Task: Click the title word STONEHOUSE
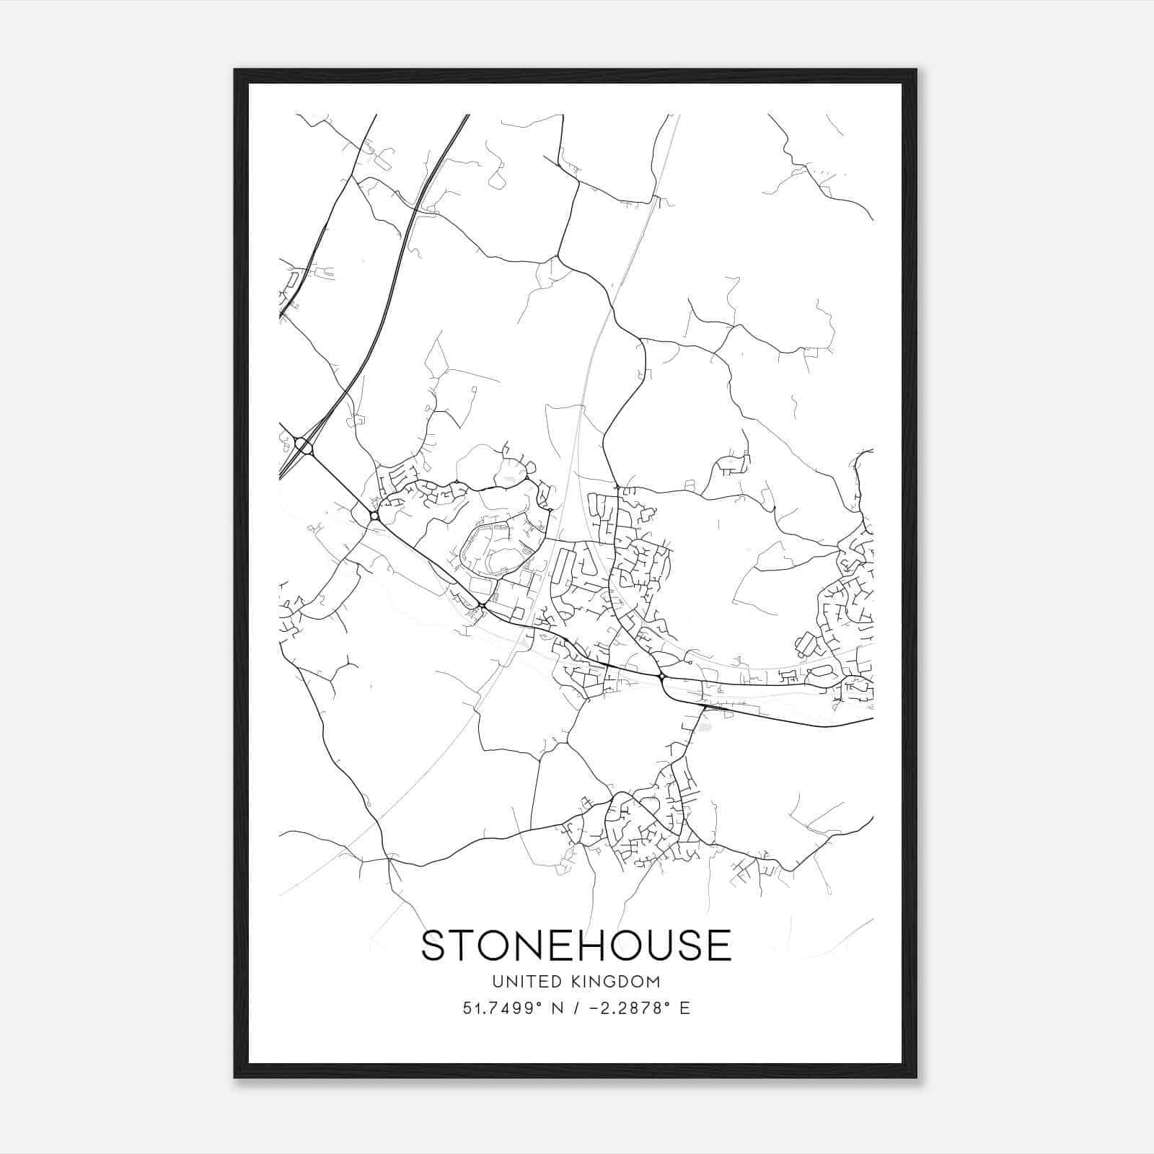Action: [x=576, y=946]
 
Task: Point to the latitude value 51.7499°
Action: [x=502, y=1008]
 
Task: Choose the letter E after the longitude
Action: [x=684, y=1008]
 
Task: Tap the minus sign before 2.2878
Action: [x=594, y=1008]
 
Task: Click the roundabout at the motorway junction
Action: [x=304, y=447]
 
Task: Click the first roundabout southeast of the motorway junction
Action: [x=374, y=516]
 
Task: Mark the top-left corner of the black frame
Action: [x=235, y=70]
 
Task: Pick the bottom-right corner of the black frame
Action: [x=916, y=1078]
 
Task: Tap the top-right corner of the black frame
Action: [x=916, y=70]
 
